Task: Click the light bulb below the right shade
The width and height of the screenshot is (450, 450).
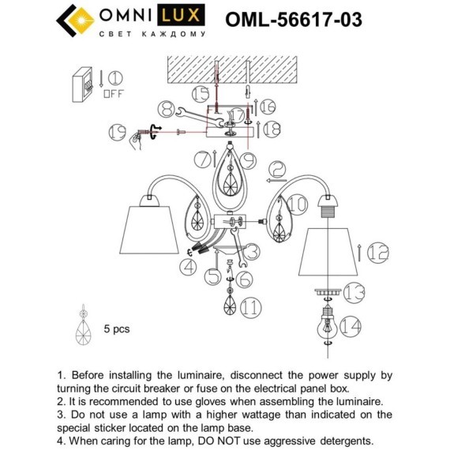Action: (326, 324)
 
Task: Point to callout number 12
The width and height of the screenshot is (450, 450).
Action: (378, 253)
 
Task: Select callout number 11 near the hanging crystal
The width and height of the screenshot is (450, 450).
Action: (251, 307)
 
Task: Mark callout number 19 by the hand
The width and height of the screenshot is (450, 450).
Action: (118, 130)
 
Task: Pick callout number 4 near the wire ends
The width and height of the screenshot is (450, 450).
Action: (187, 268)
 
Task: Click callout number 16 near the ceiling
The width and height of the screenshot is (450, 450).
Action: (268, 106)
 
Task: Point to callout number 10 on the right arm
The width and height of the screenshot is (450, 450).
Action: (297, 204)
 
